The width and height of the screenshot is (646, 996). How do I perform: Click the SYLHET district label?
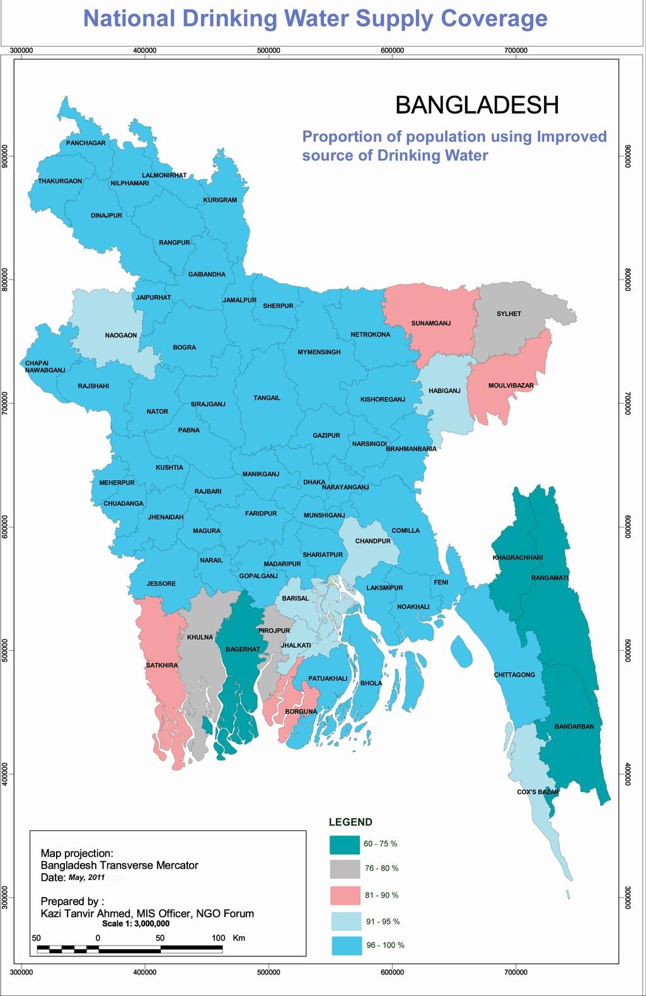click(509, 314)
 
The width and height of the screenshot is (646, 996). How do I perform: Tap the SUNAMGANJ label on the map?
click(431, 324)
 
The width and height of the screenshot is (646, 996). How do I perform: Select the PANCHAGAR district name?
click(86, 143)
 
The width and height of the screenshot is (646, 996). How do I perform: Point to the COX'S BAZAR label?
click(538, 792)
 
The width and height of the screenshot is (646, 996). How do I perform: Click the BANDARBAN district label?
click(574, 726)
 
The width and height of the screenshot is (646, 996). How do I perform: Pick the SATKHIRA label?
click(162, 665)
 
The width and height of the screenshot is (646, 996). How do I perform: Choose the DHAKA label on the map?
click(314, 483)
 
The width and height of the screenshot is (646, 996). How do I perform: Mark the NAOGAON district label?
click(120, 335)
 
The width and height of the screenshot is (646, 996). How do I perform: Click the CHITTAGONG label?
click(514, 675)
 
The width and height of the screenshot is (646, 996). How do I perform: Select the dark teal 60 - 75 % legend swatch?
click(344, 844)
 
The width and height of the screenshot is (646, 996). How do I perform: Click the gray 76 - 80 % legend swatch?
click(344, 869)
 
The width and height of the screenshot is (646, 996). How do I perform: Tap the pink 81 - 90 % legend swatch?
click(344, 895)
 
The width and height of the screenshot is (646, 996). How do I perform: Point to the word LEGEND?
click(350, 822)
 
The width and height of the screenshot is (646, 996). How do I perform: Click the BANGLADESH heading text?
click(477, 105)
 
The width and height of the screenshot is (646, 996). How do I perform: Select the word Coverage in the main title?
click(493, 19)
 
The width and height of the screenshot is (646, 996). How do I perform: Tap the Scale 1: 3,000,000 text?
click(136, 924)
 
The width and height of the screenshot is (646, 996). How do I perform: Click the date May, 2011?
click(86, 878)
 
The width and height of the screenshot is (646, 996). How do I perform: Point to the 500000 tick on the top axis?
click(269, 49)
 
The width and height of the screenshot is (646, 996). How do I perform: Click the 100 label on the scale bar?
click(217, 938)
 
